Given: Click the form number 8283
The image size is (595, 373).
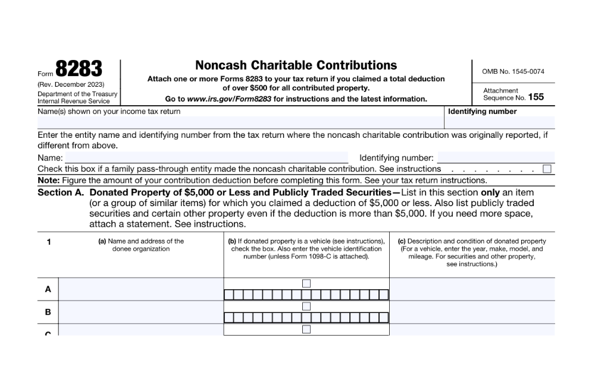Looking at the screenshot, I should coord(79,69).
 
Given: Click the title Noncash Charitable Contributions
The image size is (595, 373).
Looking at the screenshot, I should coord(296,65).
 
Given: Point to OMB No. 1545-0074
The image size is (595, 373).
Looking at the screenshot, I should coord(513,71).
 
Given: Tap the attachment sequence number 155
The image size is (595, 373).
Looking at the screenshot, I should coord(535,97).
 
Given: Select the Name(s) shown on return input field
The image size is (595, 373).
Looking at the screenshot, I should coord(240,122).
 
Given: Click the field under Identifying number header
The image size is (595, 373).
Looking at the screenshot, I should coord(499,122).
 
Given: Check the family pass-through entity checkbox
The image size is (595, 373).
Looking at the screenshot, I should coord(547,169).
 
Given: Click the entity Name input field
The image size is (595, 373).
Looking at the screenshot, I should coord(206,158).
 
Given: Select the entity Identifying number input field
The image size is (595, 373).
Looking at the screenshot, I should coord(496,158).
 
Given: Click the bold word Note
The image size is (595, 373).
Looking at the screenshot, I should coord(48,181).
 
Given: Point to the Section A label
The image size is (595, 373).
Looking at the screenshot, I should coord(61,193).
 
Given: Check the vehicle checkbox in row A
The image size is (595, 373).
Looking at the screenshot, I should coord(306,283).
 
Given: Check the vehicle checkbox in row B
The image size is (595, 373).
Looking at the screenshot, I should coord(306,306).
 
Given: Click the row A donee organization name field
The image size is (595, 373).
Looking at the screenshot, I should coord(140,289).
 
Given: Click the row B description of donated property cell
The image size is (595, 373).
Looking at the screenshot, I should coord(472,312).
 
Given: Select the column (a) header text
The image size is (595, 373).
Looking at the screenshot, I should coord(141,245).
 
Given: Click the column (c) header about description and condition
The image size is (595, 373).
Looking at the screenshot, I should coord(472,252).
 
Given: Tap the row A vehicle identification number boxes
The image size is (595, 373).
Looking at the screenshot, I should coord(306,295).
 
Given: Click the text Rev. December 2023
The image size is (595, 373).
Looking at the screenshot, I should coord(71,84).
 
